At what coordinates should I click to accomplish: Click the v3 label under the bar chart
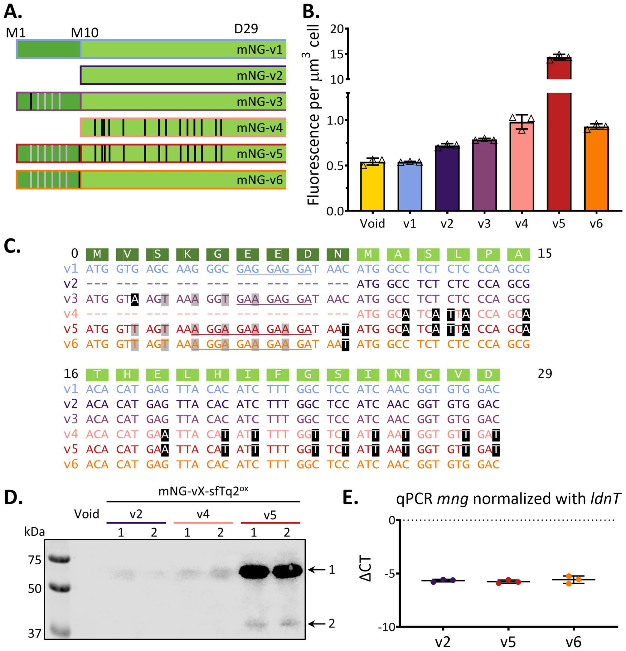click(x=484, y=224)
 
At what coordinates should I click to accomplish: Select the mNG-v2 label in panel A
click(x=260, y=76)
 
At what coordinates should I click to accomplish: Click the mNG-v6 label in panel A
click(x=260, y=180)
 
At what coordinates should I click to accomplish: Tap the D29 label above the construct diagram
click(x=246, y=29)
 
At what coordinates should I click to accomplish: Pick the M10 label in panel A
click(x=85, y=32)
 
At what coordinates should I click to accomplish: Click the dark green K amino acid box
click(x=187, y=254)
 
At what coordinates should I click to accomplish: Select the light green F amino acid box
click(x=278, y=375)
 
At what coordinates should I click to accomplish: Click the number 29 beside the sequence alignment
click(x=545, y=374)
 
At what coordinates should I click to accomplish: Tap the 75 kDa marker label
click(x=35, y=560)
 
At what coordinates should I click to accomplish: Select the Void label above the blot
click(x=87, y=514)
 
